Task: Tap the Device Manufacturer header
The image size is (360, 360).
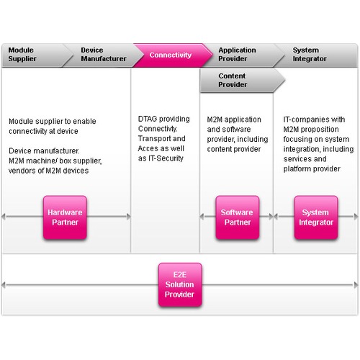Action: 103,55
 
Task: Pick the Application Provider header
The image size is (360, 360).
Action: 243,55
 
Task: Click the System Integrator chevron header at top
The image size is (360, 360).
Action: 315,55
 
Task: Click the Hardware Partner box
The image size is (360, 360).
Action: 65,217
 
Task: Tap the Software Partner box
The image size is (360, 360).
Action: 238,217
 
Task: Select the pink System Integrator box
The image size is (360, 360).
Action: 316,217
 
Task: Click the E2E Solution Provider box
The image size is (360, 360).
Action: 180,284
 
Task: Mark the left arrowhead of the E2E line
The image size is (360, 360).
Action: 4,285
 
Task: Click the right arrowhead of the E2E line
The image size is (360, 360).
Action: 356,285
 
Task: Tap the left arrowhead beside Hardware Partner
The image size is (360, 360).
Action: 4,217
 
